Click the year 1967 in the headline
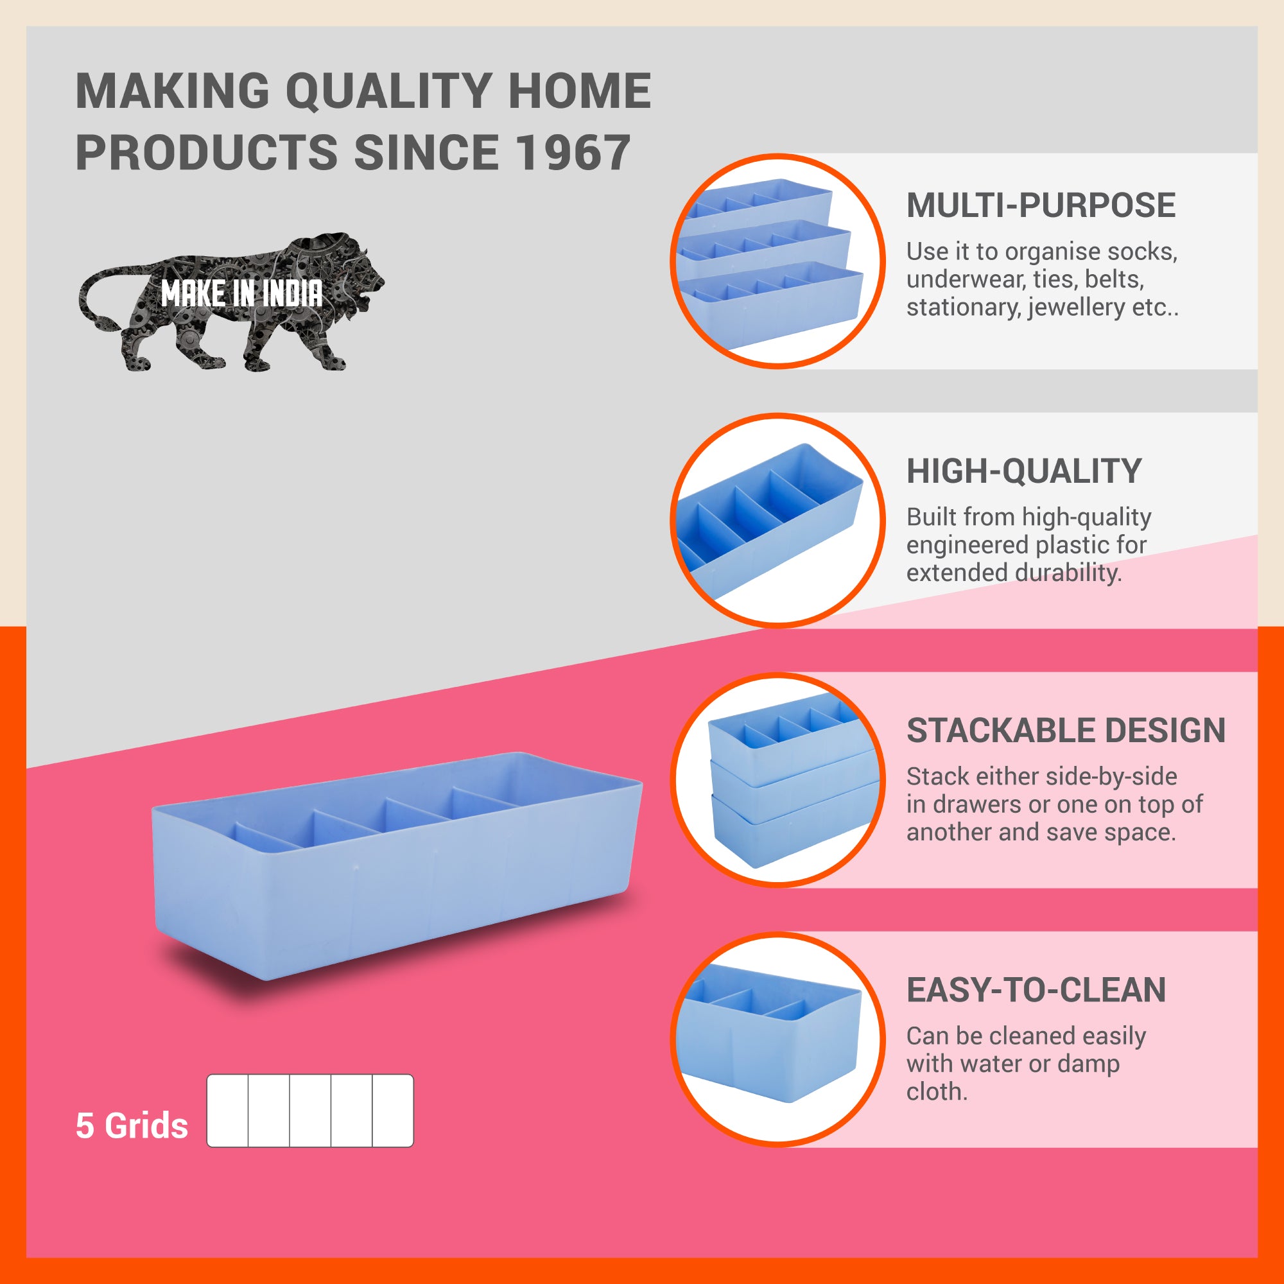(x=573, y=152)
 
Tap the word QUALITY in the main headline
(x=388, y=91)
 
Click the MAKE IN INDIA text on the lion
(x=242, y=293)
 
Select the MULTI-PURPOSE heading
(x=1041, y=205)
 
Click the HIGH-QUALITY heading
(x=1024, y=471)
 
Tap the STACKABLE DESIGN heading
(x=1066, y=730)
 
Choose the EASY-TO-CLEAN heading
(x=1036, y=989)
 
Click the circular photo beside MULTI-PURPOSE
(x=777, y=261)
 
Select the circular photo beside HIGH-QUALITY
(x=777, y=520)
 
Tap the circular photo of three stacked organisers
(x=777, y=779)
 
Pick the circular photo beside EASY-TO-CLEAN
(x=777, y=1038)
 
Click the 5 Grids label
(x=132, y=1125)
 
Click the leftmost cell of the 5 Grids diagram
(x=228, y=1111)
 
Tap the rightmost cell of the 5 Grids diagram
(x=393, y=1111)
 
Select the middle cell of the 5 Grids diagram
(x=310, y=1111)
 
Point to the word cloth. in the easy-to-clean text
(x=937, y=1092)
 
